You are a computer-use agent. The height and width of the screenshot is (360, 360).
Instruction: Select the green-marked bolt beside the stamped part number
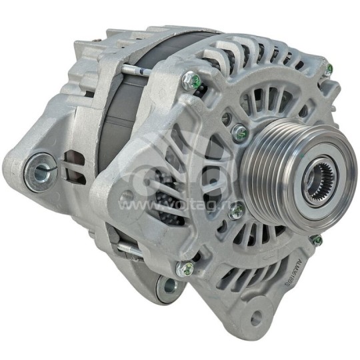click(x=317, y=240)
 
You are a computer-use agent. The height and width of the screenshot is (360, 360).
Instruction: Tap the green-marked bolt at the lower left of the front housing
click(x=187, y=269)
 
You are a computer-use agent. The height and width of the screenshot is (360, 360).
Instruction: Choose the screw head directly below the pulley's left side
click(x=236, y=212)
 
